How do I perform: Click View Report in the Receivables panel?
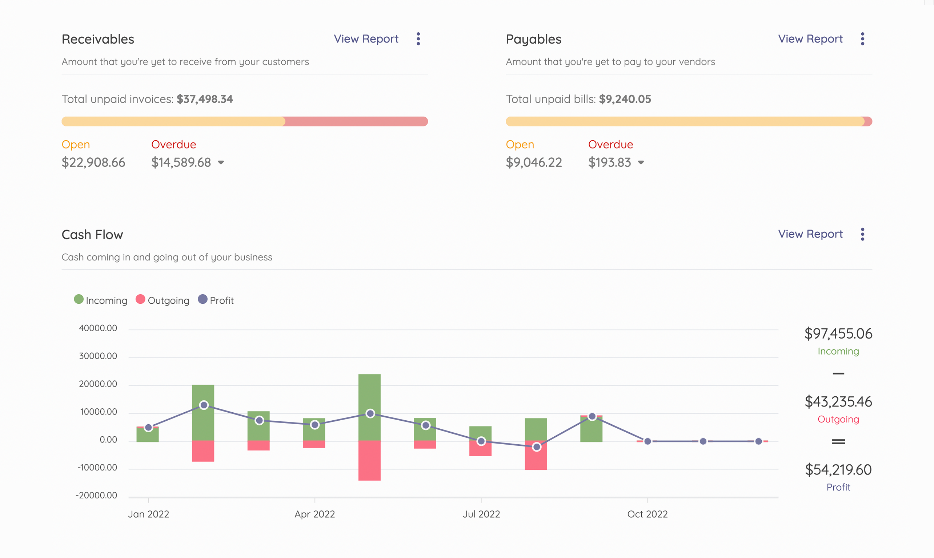click(x=366, y=39)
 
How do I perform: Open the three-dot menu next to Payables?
click(x=862, y=39)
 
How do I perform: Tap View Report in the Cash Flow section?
click(x=810, y=234)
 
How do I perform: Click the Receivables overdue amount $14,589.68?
click(x=181, y=162)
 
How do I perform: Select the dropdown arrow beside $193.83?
click(x=641, y=162)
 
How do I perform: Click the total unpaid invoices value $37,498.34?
click(x=205, y=99)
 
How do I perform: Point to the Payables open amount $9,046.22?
click(x=534, y=162)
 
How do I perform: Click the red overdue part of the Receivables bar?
click(x=356, y=121)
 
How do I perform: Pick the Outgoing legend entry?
click(x=163, y=300)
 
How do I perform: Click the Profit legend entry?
click(x=216, y=300)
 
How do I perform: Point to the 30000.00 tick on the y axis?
click(x=98, y=356)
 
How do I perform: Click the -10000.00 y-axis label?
click(x=97, y=468)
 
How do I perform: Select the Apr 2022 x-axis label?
click(x=314, y=514)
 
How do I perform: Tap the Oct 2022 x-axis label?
click(x=647, y=514)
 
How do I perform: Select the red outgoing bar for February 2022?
click(x=203, y=451)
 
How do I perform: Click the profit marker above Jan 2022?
click(x=148, y=428)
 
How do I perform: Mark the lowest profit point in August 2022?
click(x=537, y=447)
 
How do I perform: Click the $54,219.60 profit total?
click(x=838, y=470)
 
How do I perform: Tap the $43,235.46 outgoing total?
click(x=838, y=401)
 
